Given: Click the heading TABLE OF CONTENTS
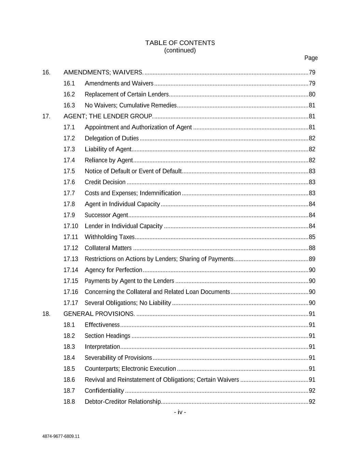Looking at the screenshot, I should click(x=180, y=43).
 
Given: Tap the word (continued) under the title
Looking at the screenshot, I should click(x=180, y=51).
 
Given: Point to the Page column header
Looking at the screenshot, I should click(x=311, y=58).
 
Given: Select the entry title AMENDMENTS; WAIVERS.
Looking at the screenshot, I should click(x=103, y=72).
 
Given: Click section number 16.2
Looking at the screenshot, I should click(x=69, y=94).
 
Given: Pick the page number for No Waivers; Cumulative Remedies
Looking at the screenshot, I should click(x=312, y=105).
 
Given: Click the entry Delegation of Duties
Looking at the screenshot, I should click(x=112, y=138).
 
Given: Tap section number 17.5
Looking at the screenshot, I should click(x=69, y=171).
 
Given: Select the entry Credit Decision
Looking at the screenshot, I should click(x=105, y=182).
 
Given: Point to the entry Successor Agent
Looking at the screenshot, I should click(x=106, y=215).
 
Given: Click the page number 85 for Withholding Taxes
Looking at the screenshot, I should click(x=312, y=237).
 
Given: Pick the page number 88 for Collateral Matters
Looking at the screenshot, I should click(x=312, y=248).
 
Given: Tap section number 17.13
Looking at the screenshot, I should click(x=71, y=259).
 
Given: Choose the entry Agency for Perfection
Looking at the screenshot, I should click(x=113, y=270).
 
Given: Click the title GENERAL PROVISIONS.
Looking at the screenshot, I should click(x=99, y=314).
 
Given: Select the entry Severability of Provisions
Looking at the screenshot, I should click(x=118, y=358).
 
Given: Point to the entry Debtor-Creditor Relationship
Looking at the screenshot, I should click(x=123, y=402).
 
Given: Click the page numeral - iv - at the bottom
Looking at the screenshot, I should click(x=180, y=412).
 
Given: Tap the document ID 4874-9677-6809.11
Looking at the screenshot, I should click(x=61, y=436).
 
